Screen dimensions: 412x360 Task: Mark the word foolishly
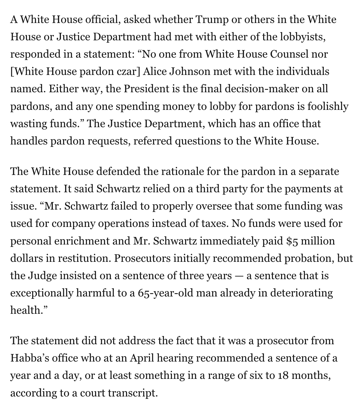coord(326,106)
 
